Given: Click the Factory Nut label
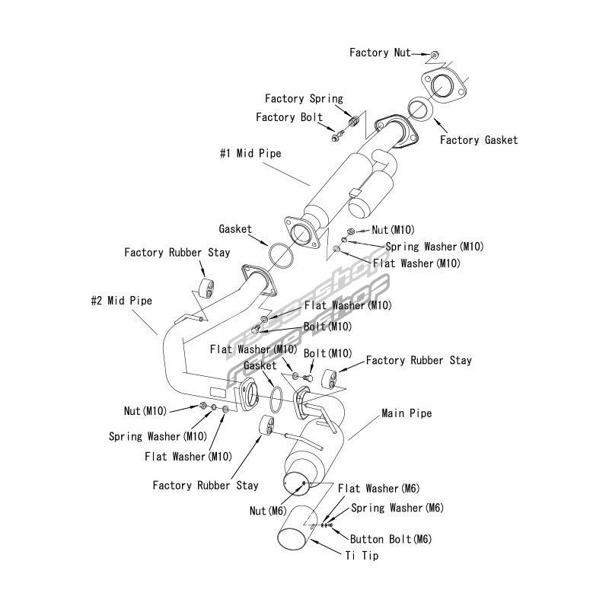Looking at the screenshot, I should point(380,53).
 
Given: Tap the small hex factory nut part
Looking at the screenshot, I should point(434,54).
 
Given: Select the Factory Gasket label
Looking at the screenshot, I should point(479,140).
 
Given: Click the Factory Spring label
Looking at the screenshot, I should point(304,99).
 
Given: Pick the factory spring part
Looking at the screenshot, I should point(352,122).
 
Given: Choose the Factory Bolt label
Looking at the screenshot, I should point(289,117).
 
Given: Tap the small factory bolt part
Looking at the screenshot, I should point(337,136).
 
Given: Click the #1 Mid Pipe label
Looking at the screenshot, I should point(250,153).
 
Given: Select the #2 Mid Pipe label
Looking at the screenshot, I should point(121,301).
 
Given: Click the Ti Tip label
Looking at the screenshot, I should point(361,556).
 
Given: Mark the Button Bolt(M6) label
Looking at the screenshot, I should point(391,539).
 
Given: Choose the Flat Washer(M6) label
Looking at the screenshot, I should point(378,489).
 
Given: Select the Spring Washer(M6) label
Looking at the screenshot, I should point(397,508).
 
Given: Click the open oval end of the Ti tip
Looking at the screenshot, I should point(292,541).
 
